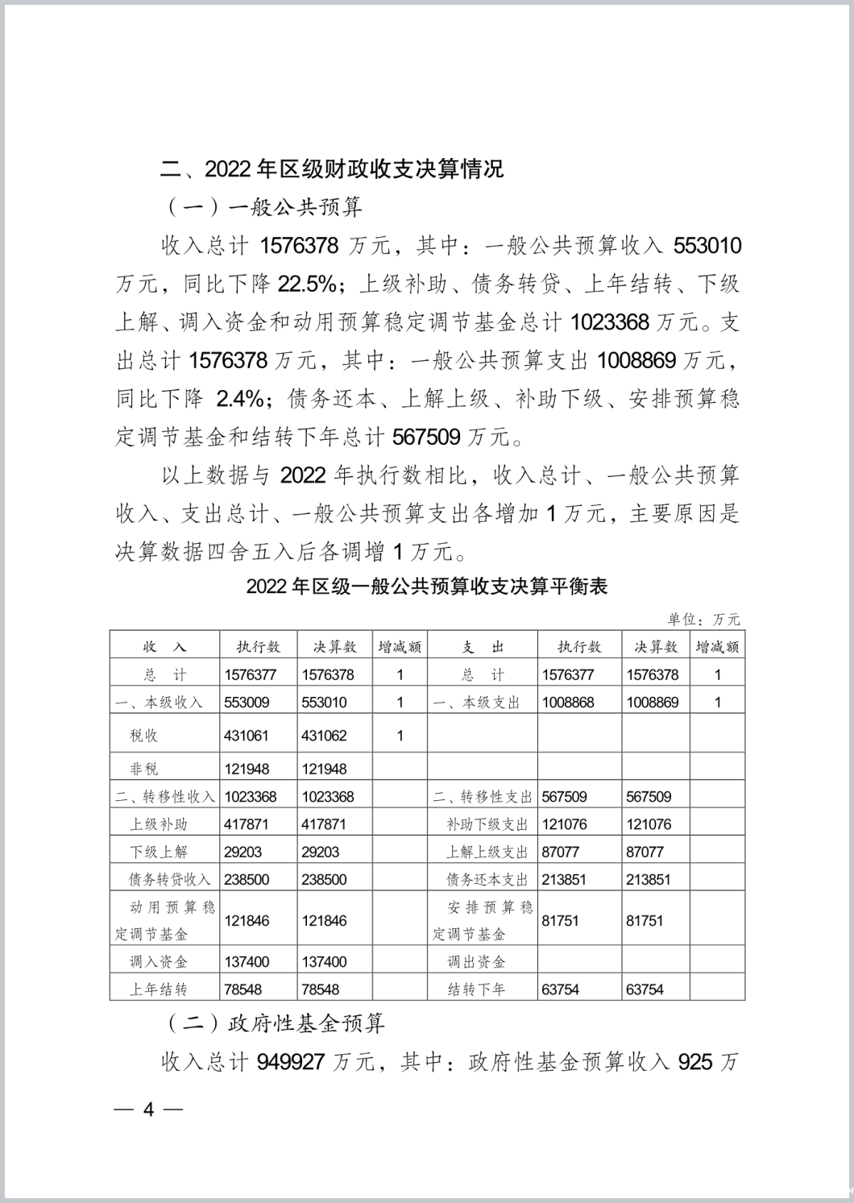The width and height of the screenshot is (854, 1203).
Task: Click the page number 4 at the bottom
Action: [148, 1109]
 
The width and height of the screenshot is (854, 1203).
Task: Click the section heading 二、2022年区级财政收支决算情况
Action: [332, 169]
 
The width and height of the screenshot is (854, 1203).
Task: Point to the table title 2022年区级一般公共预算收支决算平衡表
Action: [427, 587]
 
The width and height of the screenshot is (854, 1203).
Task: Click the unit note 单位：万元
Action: [703, 619]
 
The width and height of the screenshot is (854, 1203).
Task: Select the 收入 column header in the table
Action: [164, 647]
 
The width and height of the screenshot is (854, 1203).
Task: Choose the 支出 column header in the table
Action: [483, 647]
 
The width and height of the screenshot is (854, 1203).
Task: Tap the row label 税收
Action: [144, 736]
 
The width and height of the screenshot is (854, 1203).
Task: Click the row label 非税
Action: [144, 769]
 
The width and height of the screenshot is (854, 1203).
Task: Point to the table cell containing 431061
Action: [247, 736]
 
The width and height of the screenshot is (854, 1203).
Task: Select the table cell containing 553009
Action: [247, 702]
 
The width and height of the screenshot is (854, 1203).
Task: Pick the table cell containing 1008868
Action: [568, 702]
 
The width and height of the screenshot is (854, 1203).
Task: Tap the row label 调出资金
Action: [477, 961]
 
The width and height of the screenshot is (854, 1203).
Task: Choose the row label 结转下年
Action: [477, 989]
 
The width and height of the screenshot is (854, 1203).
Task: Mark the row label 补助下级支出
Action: [487, 824]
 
